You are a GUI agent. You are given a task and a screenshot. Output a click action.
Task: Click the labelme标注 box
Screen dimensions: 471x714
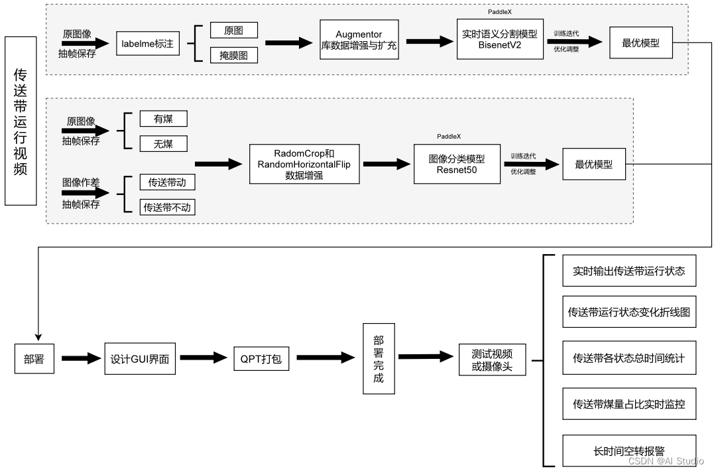click(x=148, y=43)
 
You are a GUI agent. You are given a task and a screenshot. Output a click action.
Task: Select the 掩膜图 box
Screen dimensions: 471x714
click(x=233, y=56)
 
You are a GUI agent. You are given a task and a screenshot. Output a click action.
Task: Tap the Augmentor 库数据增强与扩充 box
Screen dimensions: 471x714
click(x=359, y=39)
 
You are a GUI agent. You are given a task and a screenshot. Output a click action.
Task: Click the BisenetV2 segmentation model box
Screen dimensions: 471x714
click(x=500, y=39)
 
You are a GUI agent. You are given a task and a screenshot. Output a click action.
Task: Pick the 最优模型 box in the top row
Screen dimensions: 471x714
click(x=640, y=43)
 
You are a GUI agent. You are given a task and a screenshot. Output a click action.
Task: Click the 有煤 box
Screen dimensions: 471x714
click(x=163, y=119)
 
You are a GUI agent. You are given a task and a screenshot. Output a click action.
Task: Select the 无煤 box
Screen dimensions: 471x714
click(x=163, y=143)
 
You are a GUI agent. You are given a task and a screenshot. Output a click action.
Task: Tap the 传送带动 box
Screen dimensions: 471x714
click(x=167, y=182)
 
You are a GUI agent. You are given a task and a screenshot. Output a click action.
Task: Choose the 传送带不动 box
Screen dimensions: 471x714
click(x=167, y=207)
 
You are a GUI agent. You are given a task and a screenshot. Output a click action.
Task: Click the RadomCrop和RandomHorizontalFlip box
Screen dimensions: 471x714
click(x=304, y=164)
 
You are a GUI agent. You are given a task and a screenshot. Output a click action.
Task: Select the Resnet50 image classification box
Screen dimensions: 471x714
click(x=457, y=164)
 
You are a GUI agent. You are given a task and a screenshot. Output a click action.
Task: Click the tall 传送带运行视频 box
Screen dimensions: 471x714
click(x=20, y=121)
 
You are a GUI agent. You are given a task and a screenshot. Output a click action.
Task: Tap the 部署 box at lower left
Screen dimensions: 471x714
click(x=34, y=359)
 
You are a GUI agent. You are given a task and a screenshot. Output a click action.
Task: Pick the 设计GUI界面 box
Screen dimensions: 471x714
click(x=139, y=359)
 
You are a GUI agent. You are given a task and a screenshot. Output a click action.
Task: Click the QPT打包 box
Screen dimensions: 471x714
click(x=261, y=359)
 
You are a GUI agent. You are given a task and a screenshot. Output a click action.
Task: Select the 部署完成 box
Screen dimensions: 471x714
click(x=379, y=359)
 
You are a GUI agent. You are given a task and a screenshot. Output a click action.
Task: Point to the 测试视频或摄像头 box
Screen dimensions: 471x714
click(x=492, y=360)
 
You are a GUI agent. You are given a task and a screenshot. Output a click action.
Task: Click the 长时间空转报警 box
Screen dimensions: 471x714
click(x=628, y=451)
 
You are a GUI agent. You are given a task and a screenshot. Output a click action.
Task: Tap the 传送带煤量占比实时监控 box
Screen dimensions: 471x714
click(x=628, y=404)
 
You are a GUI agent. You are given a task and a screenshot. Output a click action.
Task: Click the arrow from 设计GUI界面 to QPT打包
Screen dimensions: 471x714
click(x=204, y=359)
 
